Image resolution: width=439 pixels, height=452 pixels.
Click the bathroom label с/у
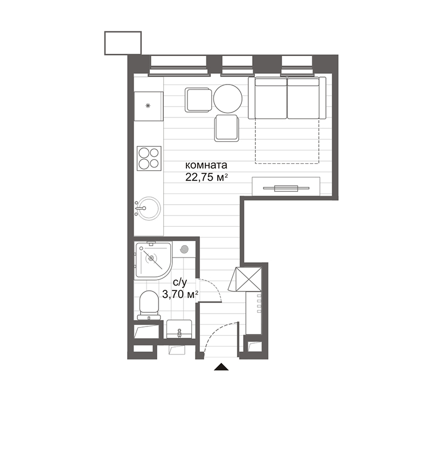pyautogui.click(x=179, y=282)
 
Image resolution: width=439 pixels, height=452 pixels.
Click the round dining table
pyautogui.click(x=228, y=99)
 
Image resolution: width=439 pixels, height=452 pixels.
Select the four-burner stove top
pyautogui.click(x=148, y=158)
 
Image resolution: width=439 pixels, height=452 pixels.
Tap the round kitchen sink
pyautogui.click(x=148, y=207)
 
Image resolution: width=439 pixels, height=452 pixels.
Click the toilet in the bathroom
pyautogui.click(x=148, y=305)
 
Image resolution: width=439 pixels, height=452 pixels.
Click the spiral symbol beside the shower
pyautogui.click(x=185, y=250)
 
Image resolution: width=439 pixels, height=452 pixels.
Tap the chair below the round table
pyautogui.click(x=227, y=128)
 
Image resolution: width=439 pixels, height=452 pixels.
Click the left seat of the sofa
pyautogui.click(x=270, y=99)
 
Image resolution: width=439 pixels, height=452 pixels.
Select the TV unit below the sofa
pyautogui.click(x=287, y=188)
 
